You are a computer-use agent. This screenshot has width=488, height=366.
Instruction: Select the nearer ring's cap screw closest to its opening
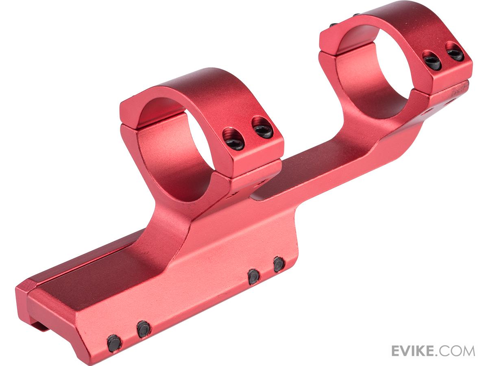point(234,139)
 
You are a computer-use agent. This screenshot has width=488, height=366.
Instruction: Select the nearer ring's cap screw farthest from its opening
point(262,127)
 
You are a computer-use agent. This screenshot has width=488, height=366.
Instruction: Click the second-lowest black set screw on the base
point(144,329)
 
